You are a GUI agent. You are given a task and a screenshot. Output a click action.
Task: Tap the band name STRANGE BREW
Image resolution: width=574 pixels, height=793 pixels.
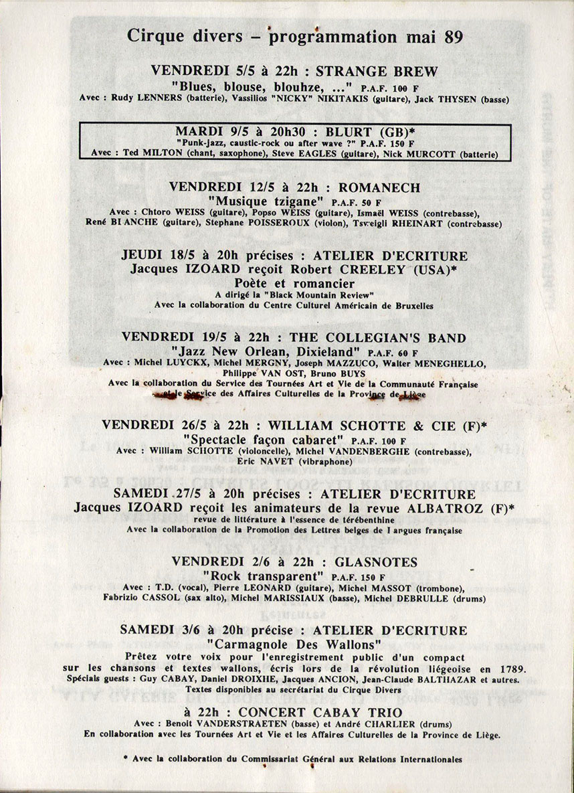pyautogui.click(x=377, y=72)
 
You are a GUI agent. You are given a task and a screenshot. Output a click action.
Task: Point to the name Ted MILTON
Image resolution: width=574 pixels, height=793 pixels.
pyautogui.click(x=150, y=153)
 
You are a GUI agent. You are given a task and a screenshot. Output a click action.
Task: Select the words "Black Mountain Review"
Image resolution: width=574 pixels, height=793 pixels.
pyautogui.click(x=317, y=295)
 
